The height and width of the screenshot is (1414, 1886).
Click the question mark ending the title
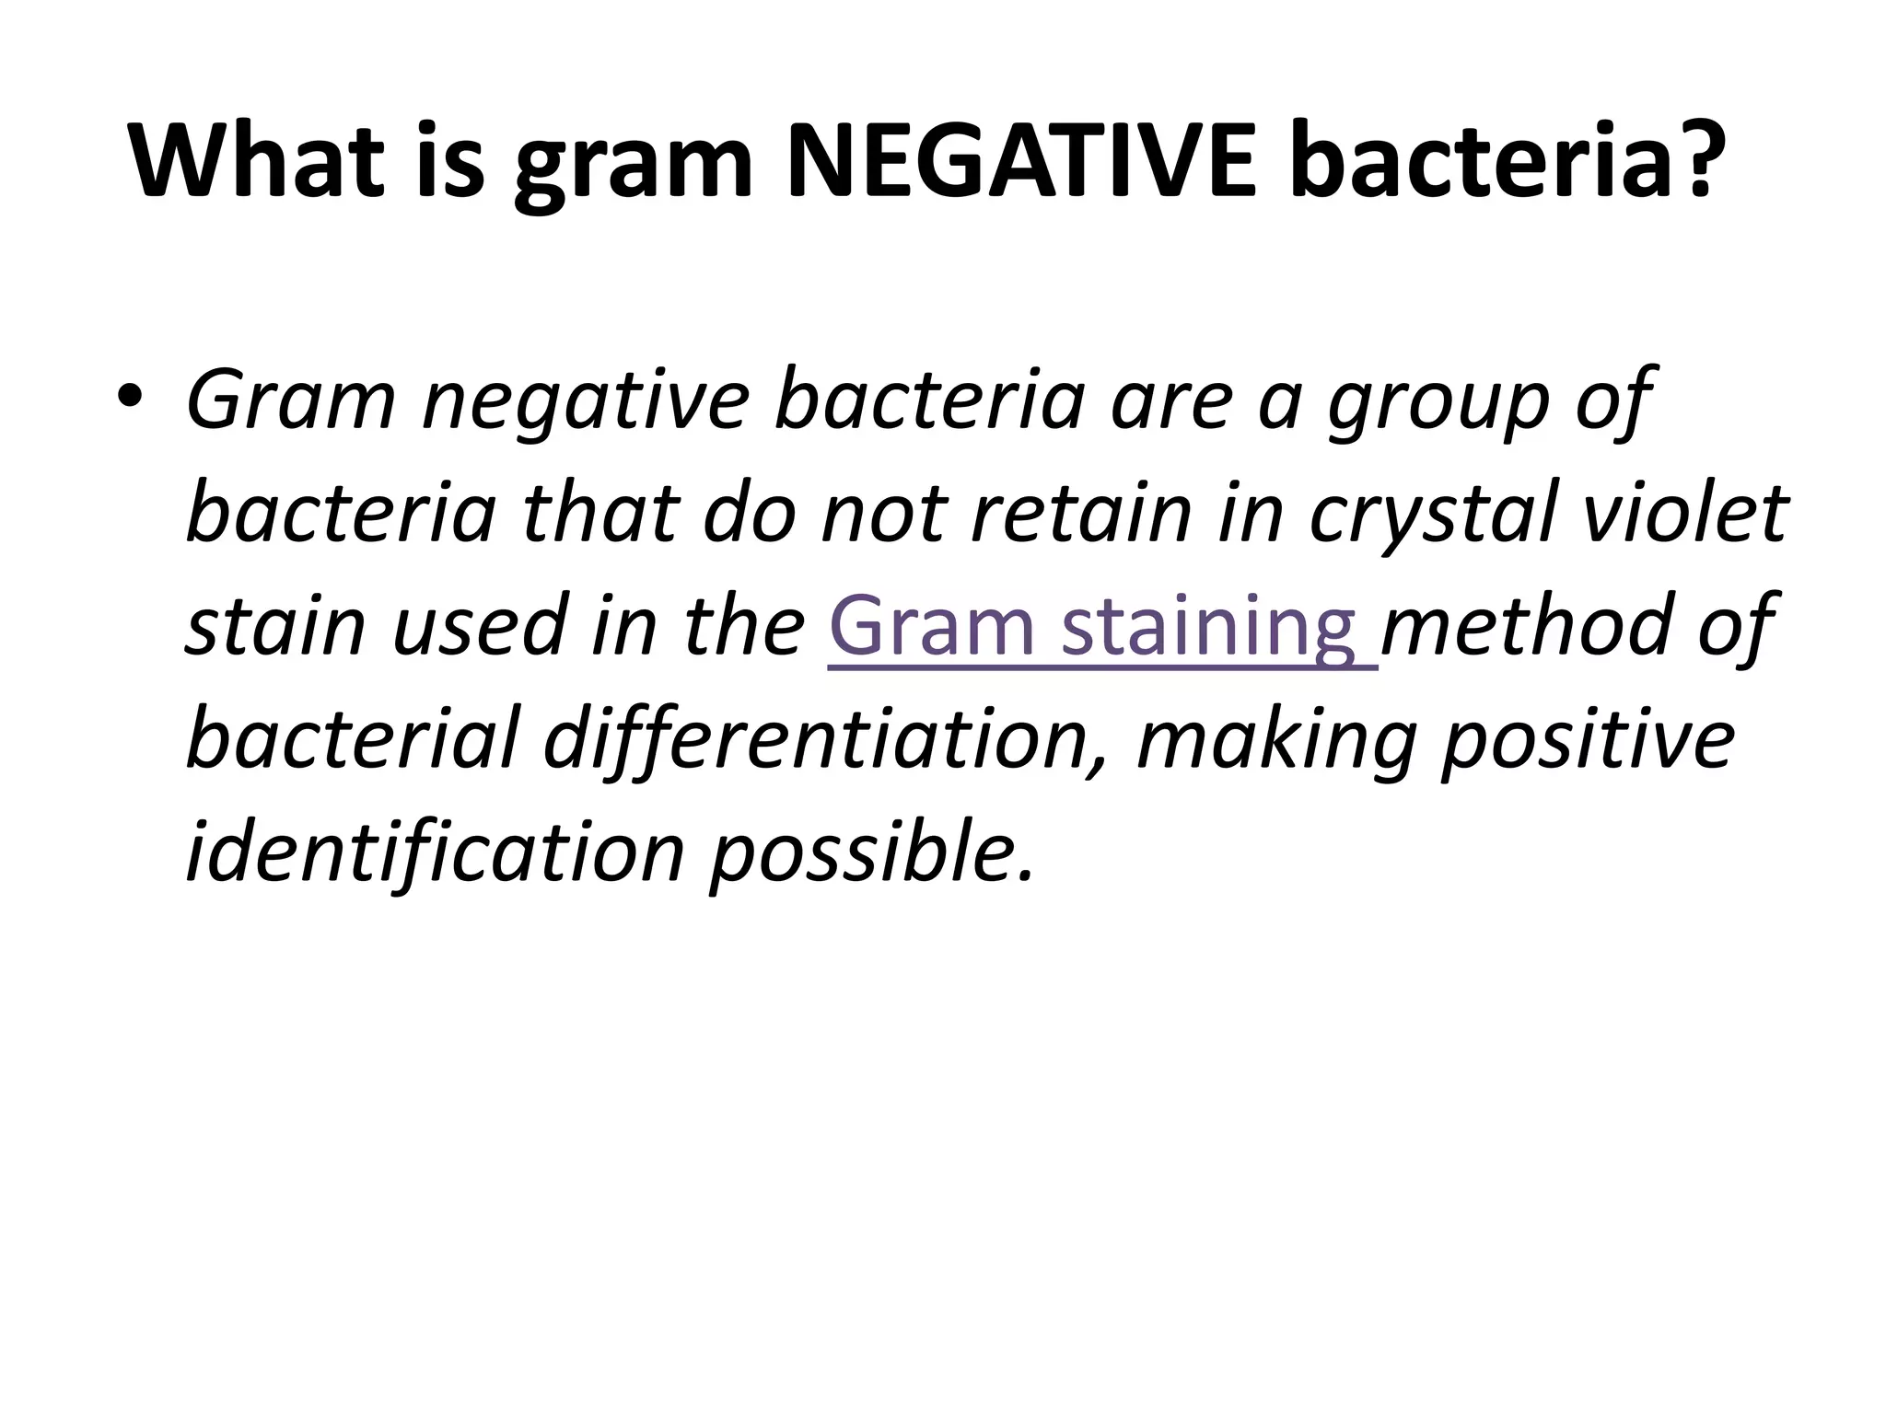pyautogui.click(x=1690, y=161)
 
